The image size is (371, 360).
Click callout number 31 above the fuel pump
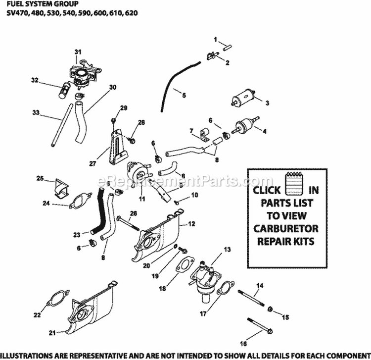[78, 52]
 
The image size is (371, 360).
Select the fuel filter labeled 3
[243, 97]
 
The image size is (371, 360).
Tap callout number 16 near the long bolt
[243, 344]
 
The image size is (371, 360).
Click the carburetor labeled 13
[205, 281]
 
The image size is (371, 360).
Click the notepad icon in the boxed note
[294, 183]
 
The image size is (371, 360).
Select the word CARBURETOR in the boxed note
[286, 229]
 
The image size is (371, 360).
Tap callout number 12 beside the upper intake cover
[191, 224]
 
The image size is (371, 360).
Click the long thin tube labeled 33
[61, 125]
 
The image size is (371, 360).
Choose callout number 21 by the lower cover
[52, 333]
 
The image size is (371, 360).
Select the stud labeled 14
[251, 298]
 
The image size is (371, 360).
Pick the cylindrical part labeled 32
[64, 90]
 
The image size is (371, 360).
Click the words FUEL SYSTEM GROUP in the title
[43, 4]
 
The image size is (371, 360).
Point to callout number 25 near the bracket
[40, 178]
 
